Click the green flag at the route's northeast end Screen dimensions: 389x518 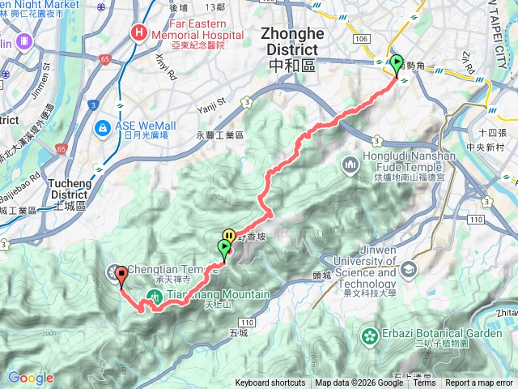[x=397, y=63]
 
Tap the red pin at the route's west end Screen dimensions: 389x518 [x=121, y=276]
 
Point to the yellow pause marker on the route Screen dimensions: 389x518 [x=229, y=236]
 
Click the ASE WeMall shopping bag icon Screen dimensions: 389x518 [x=103, y=128]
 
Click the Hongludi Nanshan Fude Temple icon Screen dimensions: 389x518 [x=352, y=165]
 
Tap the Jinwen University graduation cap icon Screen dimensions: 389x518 [x=407, y=269]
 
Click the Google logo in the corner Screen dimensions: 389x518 [x=30, y=378]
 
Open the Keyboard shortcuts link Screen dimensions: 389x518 [x=270, y=383]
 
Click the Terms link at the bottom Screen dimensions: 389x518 [x=424, y=383]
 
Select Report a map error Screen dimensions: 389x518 [x=479, y=383]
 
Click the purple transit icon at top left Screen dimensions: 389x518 [x=23, y=40]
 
